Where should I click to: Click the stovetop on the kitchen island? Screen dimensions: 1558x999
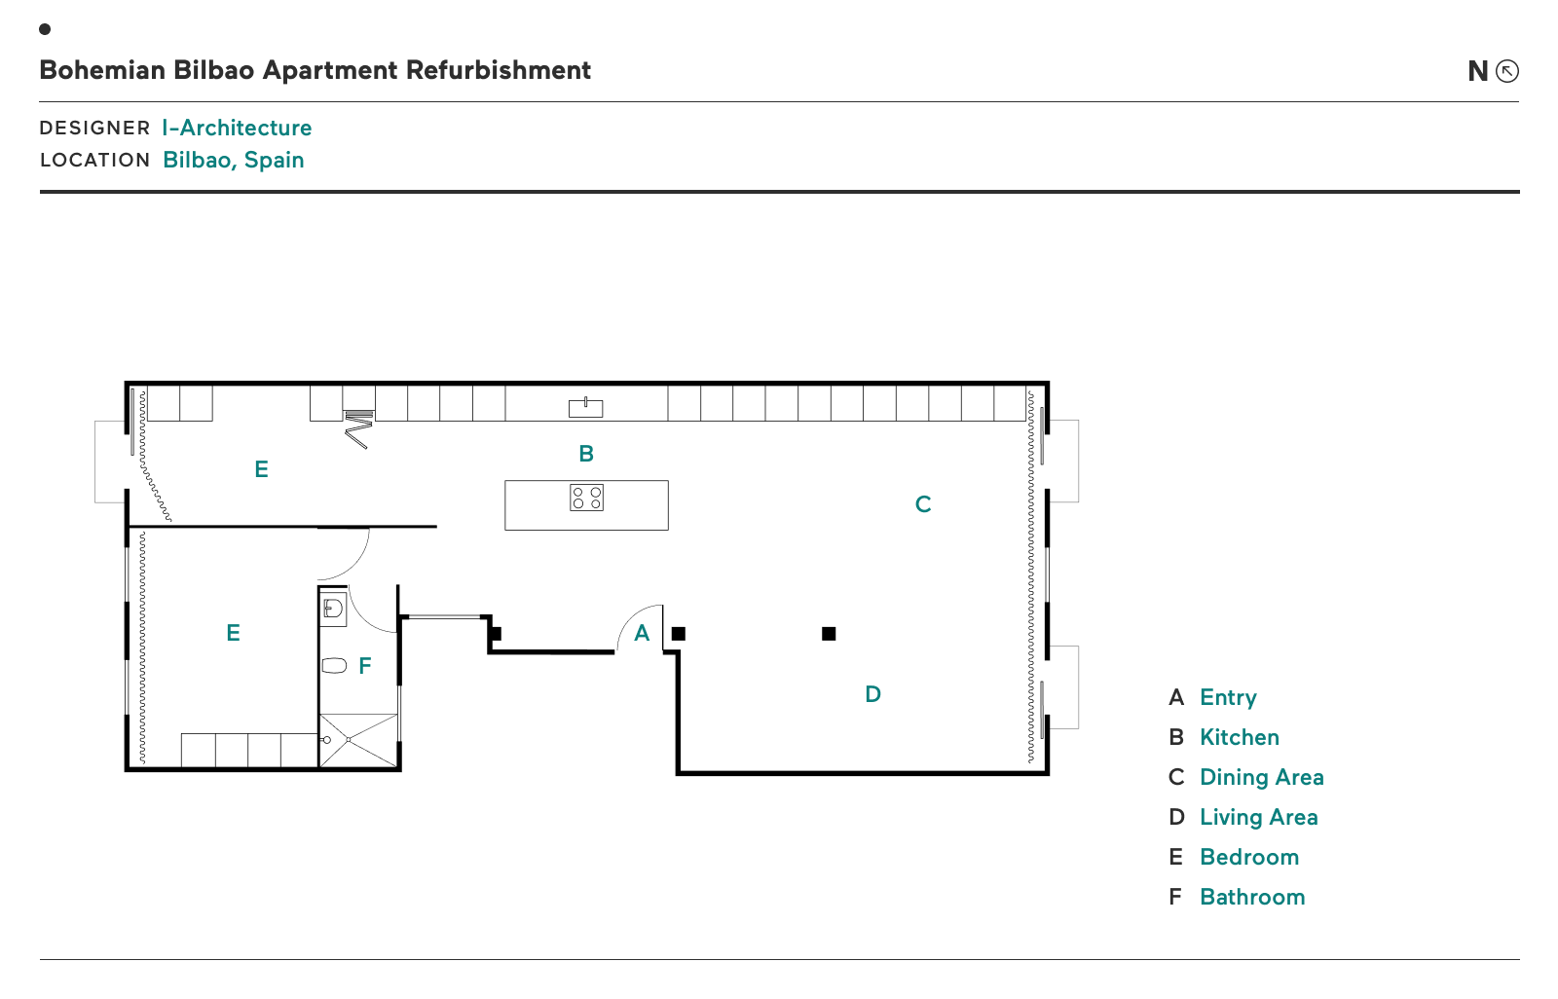tap(586, 498)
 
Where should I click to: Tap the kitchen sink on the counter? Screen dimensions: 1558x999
tap(585, 408)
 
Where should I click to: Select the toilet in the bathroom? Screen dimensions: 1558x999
tap(334, 666)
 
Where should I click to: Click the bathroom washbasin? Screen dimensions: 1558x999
tap(333, 610)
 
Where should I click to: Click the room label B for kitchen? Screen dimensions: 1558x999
tap(586, 454)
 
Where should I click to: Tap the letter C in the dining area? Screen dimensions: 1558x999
tap(923, 503)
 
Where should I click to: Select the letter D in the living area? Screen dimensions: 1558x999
tap(872, 693)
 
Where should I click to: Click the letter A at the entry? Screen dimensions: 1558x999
tap(642, 633)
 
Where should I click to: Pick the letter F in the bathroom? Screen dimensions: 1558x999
tap(364, 666)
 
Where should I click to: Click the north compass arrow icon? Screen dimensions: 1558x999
tap(1507, 71)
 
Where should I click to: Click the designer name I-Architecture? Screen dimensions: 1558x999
tap(237, 128)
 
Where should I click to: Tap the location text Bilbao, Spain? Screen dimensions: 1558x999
tap(233, 160)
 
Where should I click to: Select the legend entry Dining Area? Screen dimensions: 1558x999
tap(1262, 776)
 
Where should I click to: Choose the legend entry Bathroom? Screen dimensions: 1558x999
tap(1252, 897)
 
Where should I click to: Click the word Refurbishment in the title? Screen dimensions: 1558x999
tap(498, 70)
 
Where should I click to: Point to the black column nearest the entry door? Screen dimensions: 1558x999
tap(678, 633)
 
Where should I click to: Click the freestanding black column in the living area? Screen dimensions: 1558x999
tap(829, 633)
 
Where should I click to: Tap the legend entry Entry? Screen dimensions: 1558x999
tap(1228, 697)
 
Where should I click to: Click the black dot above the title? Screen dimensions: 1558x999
tap(45, 29)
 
